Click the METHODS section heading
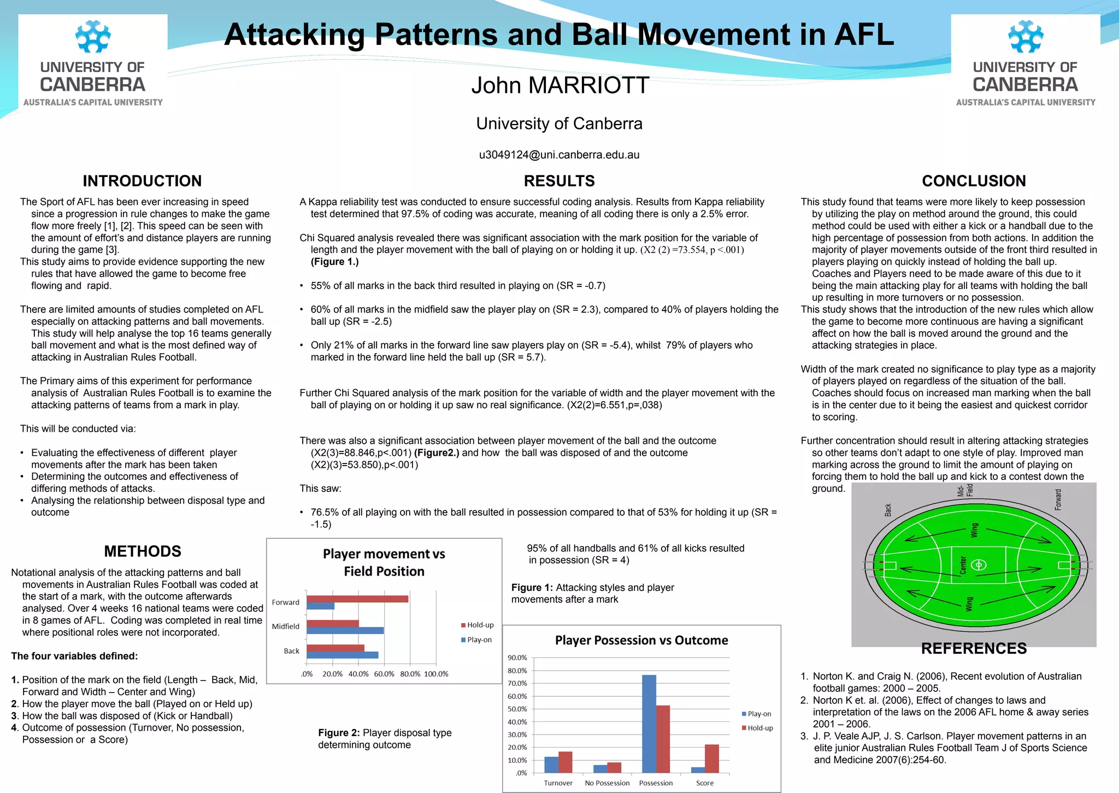point(143,551)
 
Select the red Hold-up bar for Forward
point(357,599)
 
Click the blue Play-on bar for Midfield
point(345,631)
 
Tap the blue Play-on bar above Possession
point(649,724)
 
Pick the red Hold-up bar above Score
point(712,759)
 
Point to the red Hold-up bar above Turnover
point(566,762)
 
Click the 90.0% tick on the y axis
point(517,657)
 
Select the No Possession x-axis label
point(607,783)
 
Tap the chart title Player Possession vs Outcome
point(641,641)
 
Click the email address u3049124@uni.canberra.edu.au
point(559,155)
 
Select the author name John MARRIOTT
point(560,85)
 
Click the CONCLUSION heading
point(974,181)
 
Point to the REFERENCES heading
point(974,649)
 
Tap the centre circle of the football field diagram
point(979,565)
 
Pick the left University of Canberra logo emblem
point(93,37)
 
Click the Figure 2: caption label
point(339,733)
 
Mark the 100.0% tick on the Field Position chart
point(436,674)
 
